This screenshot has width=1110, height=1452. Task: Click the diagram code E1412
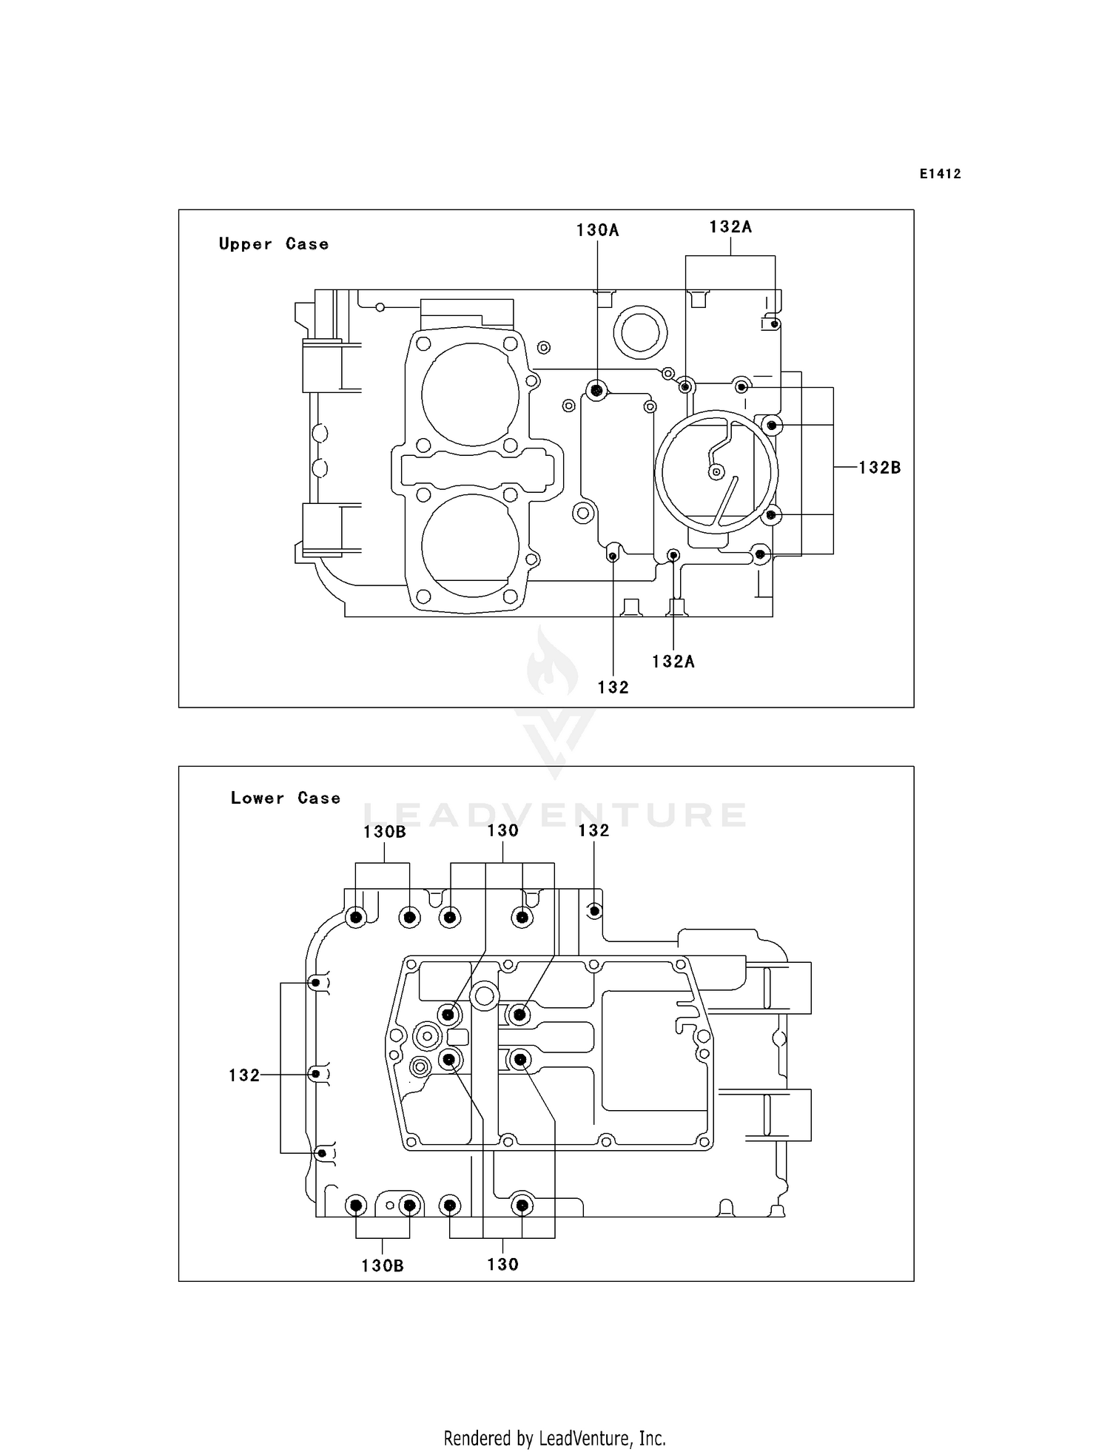940,174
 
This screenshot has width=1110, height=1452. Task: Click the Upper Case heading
273,244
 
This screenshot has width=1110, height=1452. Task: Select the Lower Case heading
285,798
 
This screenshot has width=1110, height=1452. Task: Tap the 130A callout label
597,230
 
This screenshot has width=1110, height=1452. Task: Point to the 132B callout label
879,468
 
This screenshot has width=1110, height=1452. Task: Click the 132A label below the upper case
673,662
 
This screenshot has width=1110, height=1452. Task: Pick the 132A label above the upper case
730,227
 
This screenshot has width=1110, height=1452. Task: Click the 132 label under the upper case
613,688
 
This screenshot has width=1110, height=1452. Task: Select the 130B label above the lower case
384,832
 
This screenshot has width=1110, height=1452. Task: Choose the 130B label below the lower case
383,1266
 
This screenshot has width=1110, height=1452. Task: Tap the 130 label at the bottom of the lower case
502,1265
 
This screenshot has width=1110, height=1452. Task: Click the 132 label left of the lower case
244,1075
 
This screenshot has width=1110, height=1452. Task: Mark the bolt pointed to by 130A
596,390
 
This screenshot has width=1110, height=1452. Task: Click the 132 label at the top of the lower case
593,830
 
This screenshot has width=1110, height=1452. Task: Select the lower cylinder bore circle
471,546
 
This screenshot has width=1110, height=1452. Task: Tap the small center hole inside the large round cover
716,471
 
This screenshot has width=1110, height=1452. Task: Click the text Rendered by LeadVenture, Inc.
554,1438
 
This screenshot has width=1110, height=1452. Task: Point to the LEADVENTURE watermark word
555,815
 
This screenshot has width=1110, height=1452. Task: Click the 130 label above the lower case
502,830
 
